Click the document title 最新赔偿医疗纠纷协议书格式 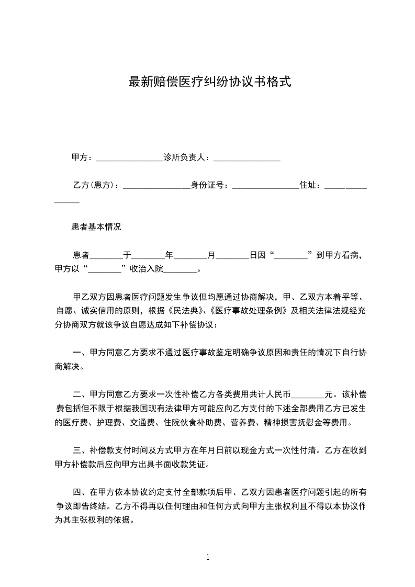pos(209,82)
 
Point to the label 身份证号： pos(209,185)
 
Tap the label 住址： pos(311,185)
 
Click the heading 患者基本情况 pos(96,228)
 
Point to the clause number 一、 pos(81,352)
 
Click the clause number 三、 pos(81,450)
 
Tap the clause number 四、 pos(81,492)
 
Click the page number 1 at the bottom pos(208,557)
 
